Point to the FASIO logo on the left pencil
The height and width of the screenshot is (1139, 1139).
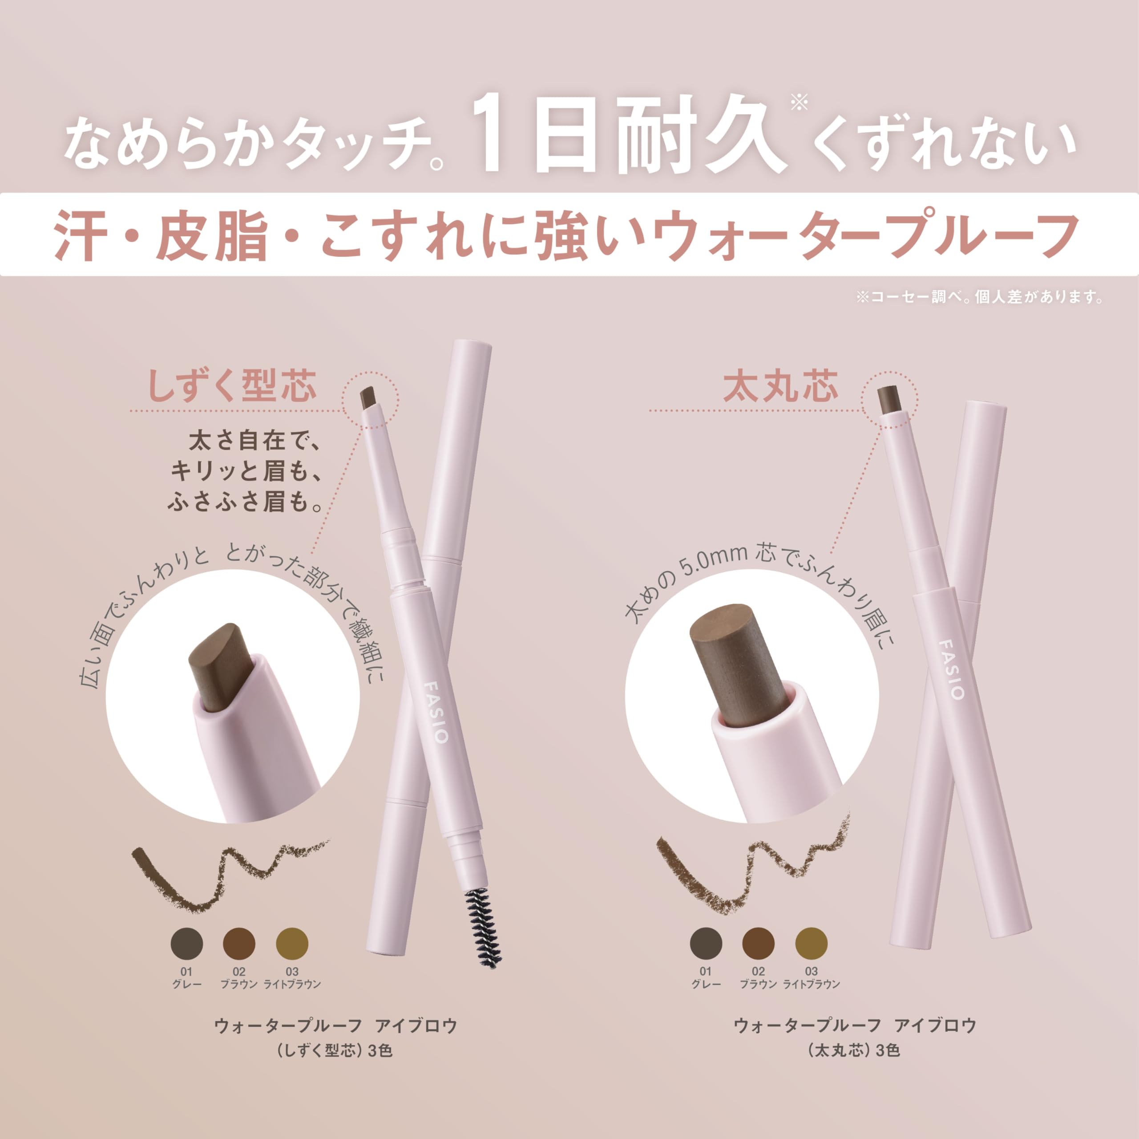pos(436,713)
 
